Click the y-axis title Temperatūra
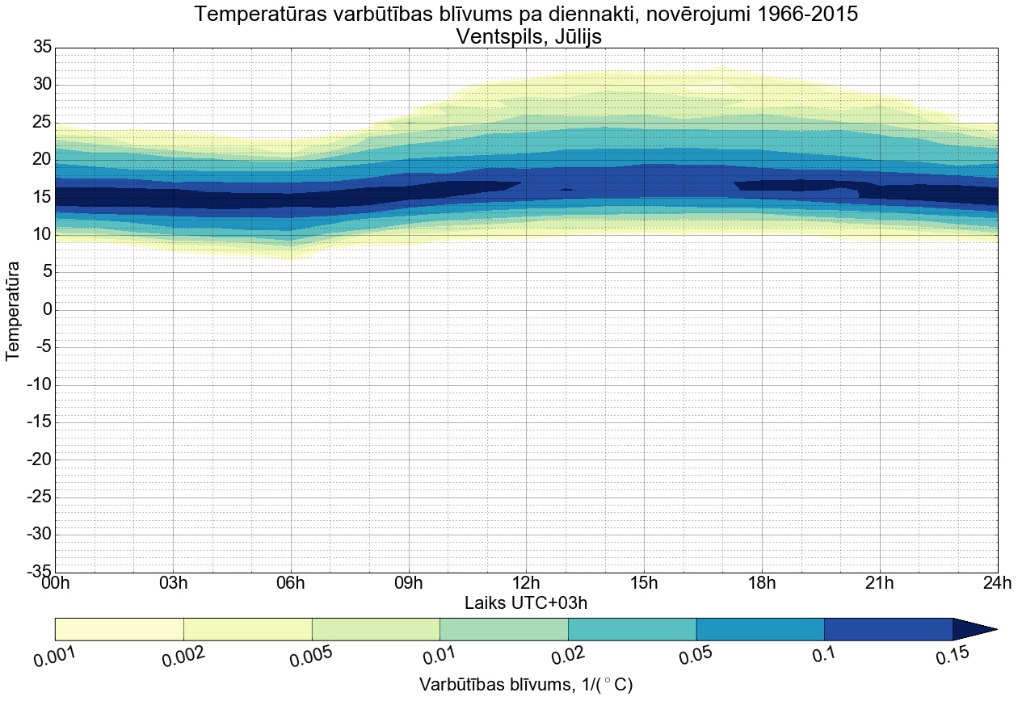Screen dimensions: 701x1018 pyautogui.click(x=13, y=310)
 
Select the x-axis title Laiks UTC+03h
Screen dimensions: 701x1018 pyautogui.click(x=526, y=602)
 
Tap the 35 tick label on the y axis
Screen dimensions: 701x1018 pyautogui.click(x=42, y=48)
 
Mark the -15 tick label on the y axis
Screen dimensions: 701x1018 pyautogui.click(x=39, y=422)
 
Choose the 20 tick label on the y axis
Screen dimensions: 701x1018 pyautogui.click(x=42, y=160)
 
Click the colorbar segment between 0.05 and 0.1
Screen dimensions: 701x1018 pyautogui.click(x=760, y=629)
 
